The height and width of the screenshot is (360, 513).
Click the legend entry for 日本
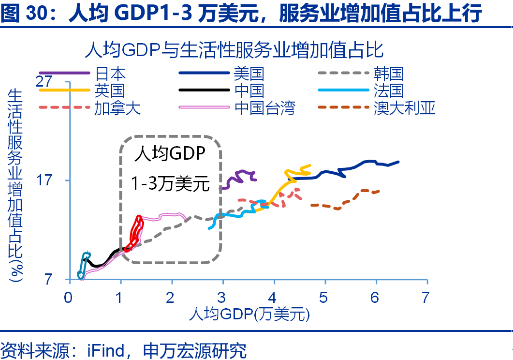[110, 74]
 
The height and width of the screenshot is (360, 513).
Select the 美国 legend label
[249, 74]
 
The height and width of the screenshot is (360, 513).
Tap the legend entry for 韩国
[388, 74]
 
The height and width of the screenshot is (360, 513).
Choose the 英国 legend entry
[110, 90]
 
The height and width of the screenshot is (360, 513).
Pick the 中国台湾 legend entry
[264, 107]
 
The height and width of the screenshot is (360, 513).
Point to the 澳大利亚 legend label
[404, 107]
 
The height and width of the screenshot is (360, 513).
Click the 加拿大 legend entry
[117, 107]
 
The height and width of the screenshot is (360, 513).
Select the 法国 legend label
[388, 90]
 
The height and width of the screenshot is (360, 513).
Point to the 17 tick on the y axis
[44, 180]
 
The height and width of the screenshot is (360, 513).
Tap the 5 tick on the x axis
[323, 297]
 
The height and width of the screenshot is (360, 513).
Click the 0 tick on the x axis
[69, 297]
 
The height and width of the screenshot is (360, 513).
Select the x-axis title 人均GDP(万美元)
[249, 315]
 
